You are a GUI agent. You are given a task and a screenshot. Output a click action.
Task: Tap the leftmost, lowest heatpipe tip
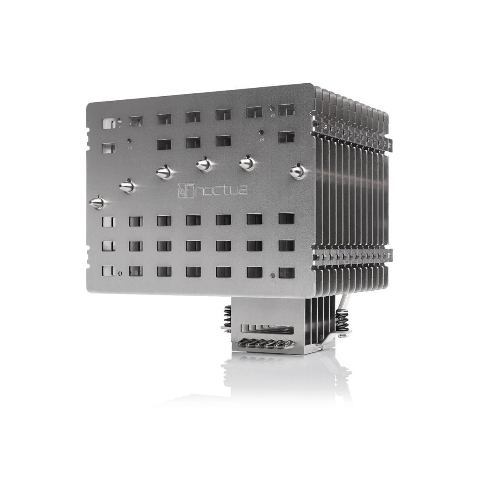click(x=98, y=202)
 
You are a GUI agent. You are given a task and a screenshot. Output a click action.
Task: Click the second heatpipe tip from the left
click(x=127, y=186)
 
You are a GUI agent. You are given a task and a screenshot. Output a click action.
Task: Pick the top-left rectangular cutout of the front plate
click(x=109, y=123)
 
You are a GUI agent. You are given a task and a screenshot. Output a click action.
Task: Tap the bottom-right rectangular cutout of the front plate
click(x=287, y=272)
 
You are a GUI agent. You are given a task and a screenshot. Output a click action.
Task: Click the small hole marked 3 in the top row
click(x=273, y=108)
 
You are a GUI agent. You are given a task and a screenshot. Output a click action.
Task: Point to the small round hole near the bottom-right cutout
click(x=273, y=276)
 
